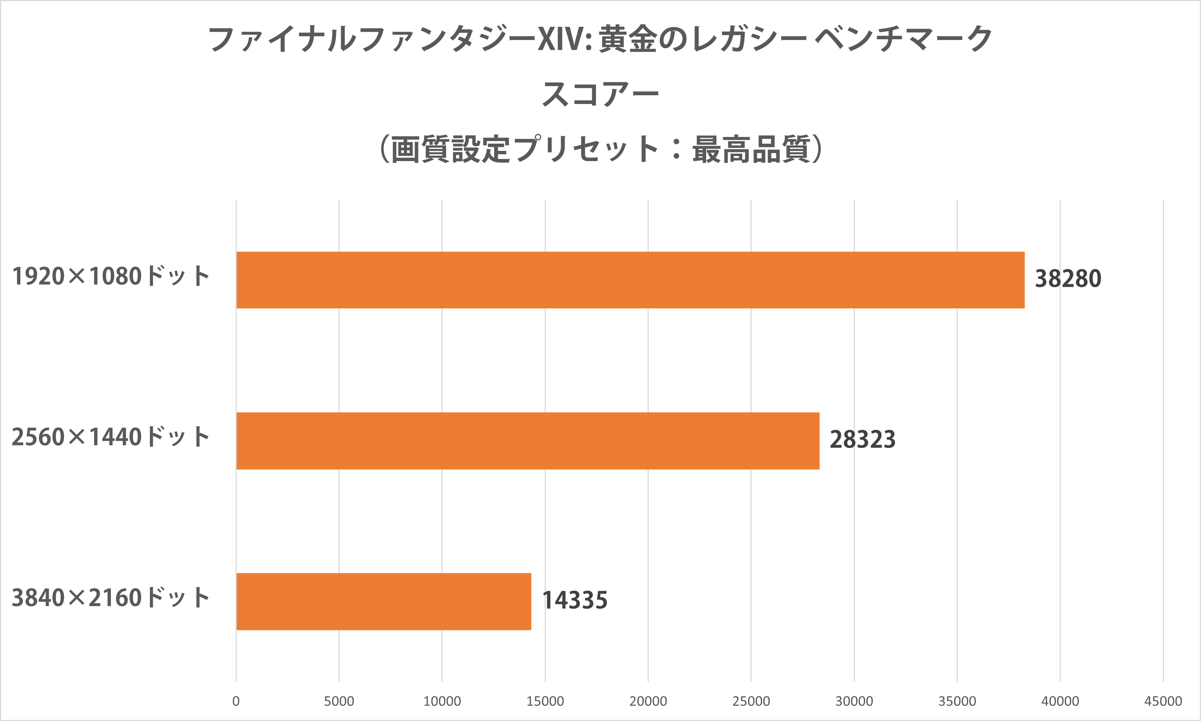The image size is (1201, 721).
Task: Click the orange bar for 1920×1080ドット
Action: click(630, 280)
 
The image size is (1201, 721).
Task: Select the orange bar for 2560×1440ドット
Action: click(528, 441)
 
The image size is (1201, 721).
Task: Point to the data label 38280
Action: click(1068, 279)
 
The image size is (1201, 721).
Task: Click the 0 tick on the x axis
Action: click(236, 701)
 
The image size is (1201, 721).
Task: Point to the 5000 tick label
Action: click(339, 701)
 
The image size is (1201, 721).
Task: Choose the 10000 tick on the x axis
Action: click(442, 701)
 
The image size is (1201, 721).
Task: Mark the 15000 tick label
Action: click(545, 701)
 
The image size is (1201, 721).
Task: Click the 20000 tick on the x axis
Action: click(648, 701)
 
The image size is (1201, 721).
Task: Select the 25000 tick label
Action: click(751, 701)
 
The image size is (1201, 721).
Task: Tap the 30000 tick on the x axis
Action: click(854, 701)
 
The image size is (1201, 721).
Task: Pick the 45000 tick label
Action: click(1163, 701)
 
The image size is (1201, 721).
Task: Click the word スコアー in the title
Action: click(600, 94)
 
